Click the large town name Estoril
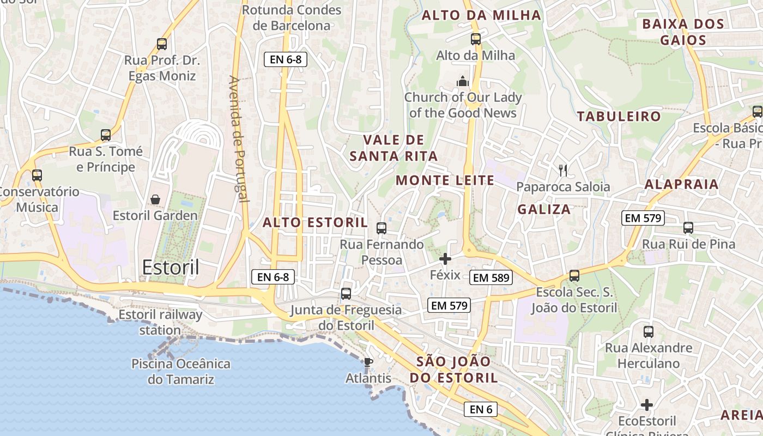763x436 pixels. tap(171, 267)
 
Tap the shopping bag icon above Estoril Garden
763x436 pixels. tap(155, 199)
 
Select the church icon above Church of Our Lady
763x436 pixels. tap(463, 81)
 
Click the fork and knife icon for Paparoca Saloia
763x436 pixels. tap(563, 170)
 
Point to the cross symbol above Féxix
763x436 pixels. tap(445, 259)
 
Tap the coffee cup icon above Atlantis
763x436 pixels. tap(368, 361)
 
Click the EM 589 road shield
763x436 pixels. tap(491, 277)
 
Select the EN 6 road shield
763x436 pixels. tap(481, 409)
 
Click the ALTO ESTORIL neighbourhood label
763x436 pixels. tap(316, 222)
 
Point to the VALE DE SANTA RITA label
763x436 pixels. tap(393, 148)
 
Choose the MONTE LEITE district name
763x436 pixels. tap(445, 180)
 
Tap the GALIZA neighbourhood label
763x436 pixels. tap(544, 209)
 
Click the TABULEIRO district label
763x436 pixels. tap(619, 116)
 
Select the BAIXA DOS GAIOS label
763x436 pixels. tap(683, 32)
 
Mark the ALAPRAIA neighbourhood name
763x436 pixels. tap(681, 184)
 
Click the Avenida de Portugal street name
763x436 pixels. tap(239, 139)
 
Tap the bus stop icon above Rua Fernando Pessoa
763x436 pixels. tap(381, 228)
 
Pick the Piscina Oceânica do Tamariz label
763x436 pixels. tap(181, 372)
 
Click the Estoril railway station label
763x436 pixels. tap(160, 322)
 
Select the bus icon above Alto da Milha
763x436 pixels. tap(476, 39)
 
